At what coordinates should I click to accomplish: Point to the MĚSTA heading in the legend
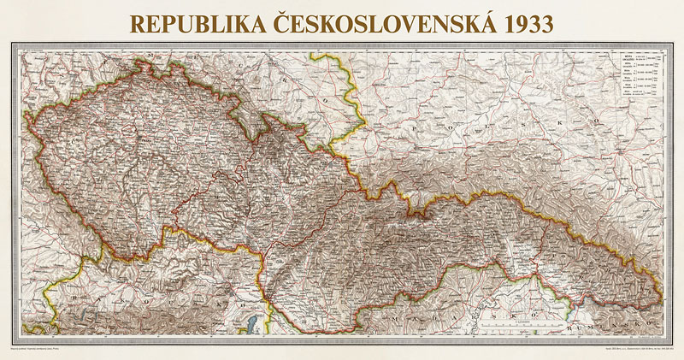click(634, 55)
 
